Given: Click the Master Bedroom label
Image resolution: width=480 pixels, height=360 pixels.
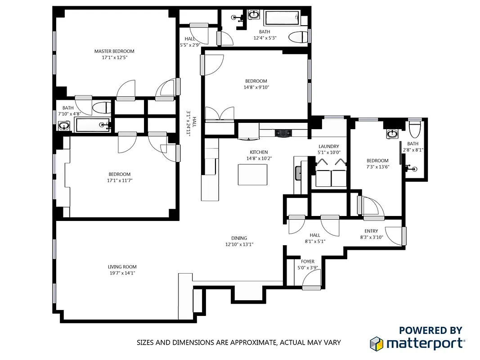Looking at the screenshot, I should coord(114,51).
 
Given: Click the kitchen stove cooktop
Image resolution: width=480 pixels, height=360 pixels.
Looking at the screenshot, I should coord(284,133).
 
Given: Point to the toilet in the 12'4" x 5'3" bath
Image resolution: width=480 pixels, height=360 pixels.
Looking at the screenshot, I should coord(297,37).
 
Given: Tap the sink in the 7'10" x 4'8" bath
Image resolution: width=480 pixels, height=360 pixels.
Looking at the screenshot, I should coord(64,126).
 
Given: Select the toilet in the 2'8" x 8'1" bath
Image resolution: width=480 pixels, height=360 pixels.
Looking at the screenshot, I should coord(414,129).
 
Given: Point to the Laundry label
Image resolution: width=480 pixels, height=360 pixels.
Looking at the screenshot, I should coord(328,146).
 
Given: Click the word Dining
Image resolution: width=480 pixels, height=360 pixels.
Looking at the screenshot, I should coord(239,238).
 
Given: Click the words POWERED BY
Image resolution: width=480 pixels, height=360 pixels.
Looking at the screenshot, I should coord(431,330).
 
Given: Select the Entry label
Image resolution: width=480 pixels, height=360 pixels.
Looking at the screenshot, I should coord(371,231).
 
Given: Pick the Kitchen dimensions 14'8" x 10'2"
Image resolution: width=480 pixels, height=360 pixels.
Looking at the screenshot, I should coord(259,158).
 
